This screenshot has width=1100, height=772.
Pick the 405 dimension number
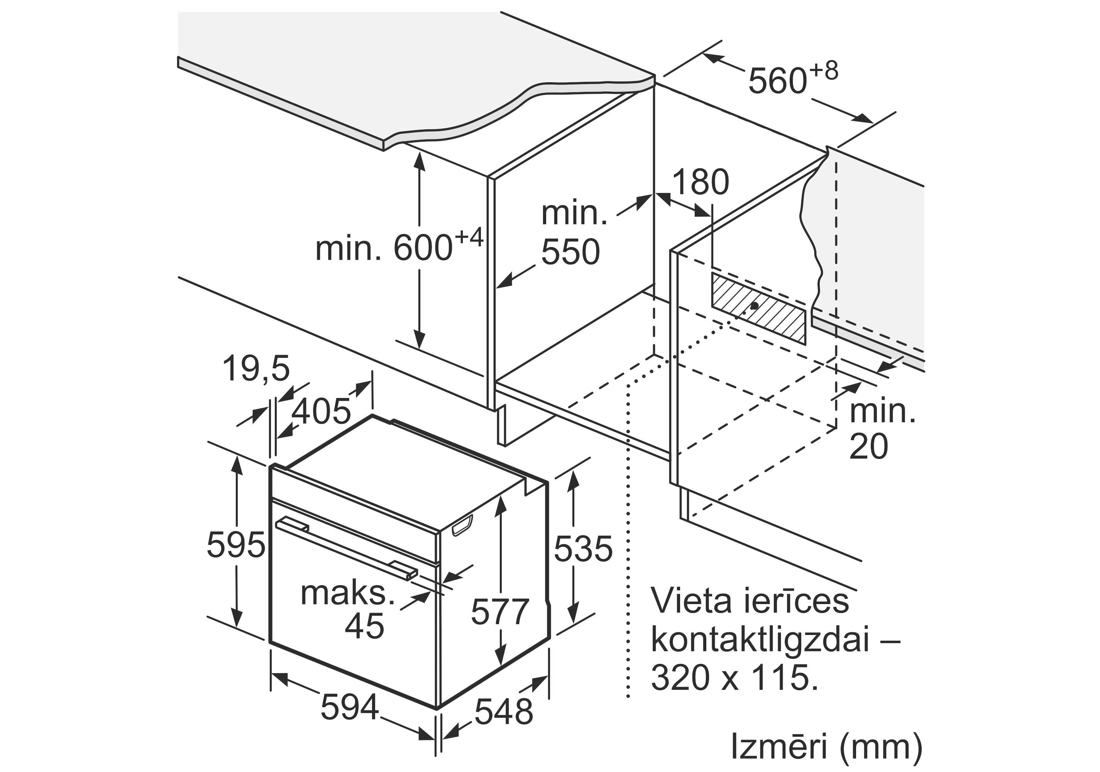point(322,411)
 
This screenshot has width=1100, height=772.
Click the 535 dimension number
point(583,548)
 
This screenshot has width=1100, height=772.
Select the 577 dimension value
point(500,611)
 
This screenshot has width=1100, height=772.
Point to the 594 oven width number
point(350,707)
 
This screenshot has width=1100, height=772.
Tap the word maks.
point(347,593)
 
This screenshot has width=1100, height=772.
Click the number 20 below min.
point(868,447)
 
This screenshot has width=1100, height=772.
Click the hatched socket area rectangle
point(758,308)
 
